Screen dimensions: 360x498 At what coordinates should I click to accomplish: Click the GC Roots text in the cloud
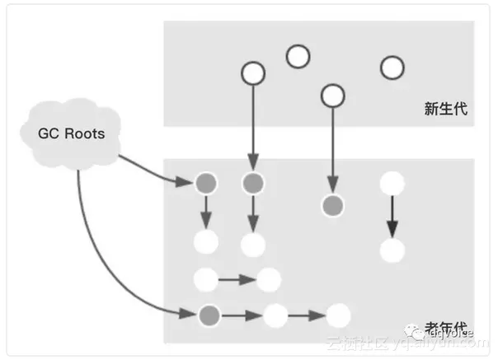coord(72,133)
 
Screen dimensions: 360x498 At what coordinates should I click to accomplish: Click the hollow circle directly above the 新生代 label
coord(392,67)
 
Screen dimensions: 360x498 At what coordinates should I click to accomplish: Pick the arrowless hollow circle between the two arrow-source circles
coord(297,57)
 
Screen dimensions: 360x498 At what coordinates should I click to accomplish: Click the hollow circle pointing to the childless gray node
coord(332,96)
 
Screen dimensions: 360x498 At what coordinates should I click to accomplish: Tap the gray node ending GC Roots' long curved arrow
coord(209,314)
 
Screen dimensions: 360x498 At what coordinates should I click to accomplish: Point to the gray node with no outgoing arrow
coord(332,204)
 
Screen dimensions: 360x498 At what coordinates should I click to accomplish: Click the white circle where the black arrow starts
coord(392,184)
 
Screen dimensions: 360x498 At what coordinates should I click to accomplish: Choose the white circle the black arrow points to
coord(392,250)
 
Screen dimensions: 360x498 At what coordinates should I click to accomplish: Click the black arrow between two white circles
coord(392,217)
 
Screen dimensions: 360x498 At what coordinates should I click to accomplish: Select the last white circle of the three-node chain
coord(338,315)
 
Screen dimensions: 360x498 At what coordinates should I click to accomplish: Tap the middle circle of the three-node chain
coord(275,315)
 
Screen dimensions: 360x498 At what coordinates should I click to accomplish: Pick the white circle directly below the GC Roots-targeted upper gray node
coord(205,243)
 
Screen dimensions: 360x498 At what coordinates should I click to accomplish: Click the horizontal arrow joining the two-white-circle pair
coord(237,280)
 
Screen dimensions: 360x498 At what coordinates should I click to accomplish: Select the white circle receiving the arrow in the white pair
coord(268,280)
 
